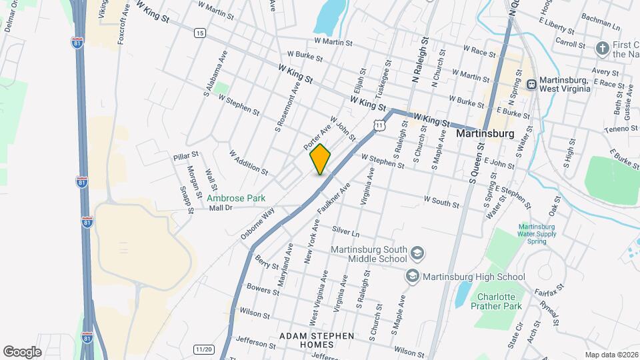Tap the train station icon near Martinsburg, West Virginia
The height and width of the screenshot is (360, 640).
coord(532,84)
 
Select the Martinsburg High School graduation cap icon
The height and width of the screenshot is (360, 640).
coord(412,276)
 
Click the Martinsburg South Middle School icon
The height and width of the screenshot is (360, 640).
coord(417,253)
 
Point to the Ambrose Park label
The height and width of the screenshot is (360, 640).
coord(236,198)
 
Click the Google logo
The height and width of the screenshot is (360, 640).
coord(21,351)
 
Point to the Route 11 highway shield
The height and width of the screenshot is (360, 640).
coord(379,125)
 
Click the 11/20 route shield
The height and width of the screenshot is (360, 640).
coord(203,349)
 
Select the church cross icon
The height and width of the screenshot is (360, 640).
coord(602,48)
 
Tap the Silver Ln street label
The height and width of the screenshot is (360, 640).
coord(345,231)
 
